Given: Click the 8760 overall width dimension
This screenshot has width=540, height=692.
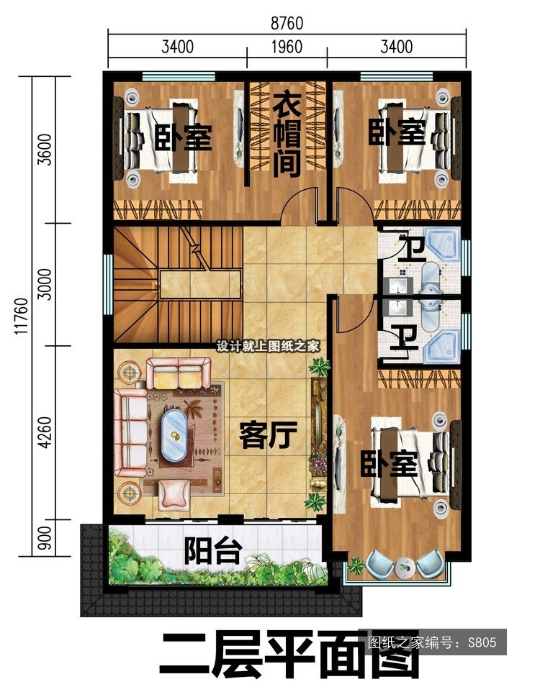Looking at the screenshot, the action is pos(287,24).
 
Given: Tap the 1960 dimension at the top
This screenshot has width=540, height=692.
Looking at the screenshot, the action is pos(287,47).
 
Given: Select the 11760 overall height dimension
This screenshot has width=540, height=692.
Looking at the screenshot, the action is pos(22,316).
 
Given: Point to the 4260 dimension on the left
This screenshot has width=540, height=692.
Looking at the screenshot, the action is pos(45,432).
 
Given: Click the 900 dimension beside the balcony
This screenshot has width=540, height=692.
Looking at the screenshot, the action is pos(45,538).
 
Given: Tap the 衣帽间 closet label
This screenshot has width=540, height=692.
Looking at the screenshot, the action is pos(287,135).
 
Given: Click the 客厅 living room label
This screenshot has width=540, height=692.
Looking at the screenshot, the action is pos(269,434).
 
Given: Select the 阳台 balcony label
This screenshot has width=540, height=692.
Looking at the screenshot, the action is pos(213,550).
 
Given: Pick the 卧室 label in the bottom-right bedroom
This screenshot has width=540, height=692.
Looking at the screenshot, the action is pos(390,463).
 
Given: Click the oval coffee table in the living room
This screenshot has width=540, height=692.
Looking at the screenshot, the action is pos(174,435).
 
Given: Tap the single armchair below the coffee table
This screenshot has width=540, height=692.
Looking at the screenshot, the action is pos(174,493).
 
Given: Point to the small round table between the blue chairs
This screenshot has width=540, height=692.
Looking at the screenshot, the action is pos(403,566).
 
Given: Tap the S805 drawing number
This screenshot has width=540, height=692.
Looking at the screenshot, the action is pos(482,642).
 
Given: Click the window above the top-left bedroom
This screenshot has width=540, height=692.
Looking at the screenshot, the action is pos(179,76).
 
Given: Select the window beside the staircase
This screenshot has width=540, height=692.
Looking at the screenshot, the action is pos(108,285).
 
